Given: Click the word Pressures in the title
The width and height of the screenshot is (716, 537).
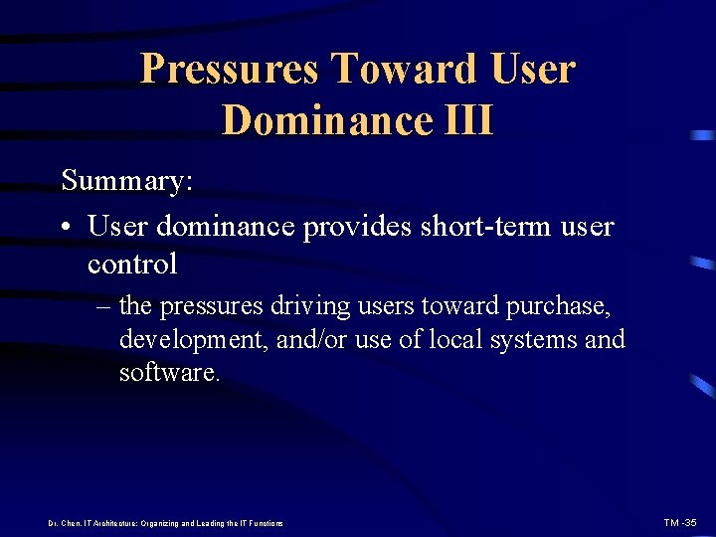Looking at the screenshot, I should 231,70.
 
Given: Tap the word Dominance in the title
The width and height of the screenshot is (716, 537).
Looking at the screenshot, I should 320,120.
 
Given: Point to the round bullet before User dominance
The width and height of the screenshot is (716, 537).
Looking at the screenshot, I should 67,228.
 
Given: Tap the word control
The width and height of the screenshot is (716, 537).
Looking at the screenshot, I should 132,264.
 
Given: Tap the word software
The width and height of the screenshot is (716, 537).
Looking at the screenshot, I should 169,373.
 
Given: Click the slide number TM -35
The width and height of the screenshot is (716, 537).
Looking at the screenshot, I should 682,522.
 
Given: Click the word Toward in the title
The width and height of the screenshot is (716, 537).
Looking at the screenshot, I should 404,70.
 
